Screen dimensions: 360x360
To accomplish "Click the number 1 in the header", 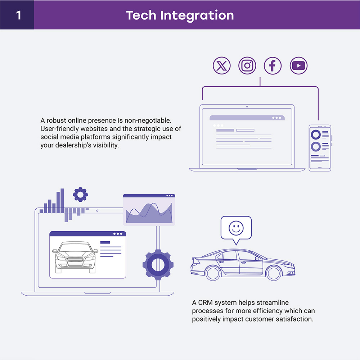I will tap(18, 15).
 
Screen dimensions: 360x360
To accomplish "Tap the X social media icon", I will tap(222, 66).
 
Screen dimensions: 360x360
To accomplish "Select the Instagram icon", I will tap(247, 66).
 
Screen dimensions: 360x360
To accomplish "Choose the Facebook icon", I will tap(273, 66).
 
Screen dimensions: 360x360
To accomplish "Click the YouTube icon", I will tap(298, 66).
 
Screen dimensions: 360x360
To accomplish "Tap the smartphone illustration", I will tap(320, 148).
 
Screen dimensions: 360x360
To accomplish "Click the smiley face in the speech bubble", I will tap(236, 227).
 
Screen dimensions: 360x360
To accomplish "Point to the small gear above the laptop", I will tap(80, 195).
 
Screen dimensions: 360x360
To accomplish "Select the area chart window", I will tap(149, 210).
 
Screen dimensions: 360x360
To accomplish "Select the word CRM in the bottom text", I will tap(205, 302).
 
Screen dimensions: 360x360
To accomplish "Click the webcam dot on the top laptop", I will tap(247, 106).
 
